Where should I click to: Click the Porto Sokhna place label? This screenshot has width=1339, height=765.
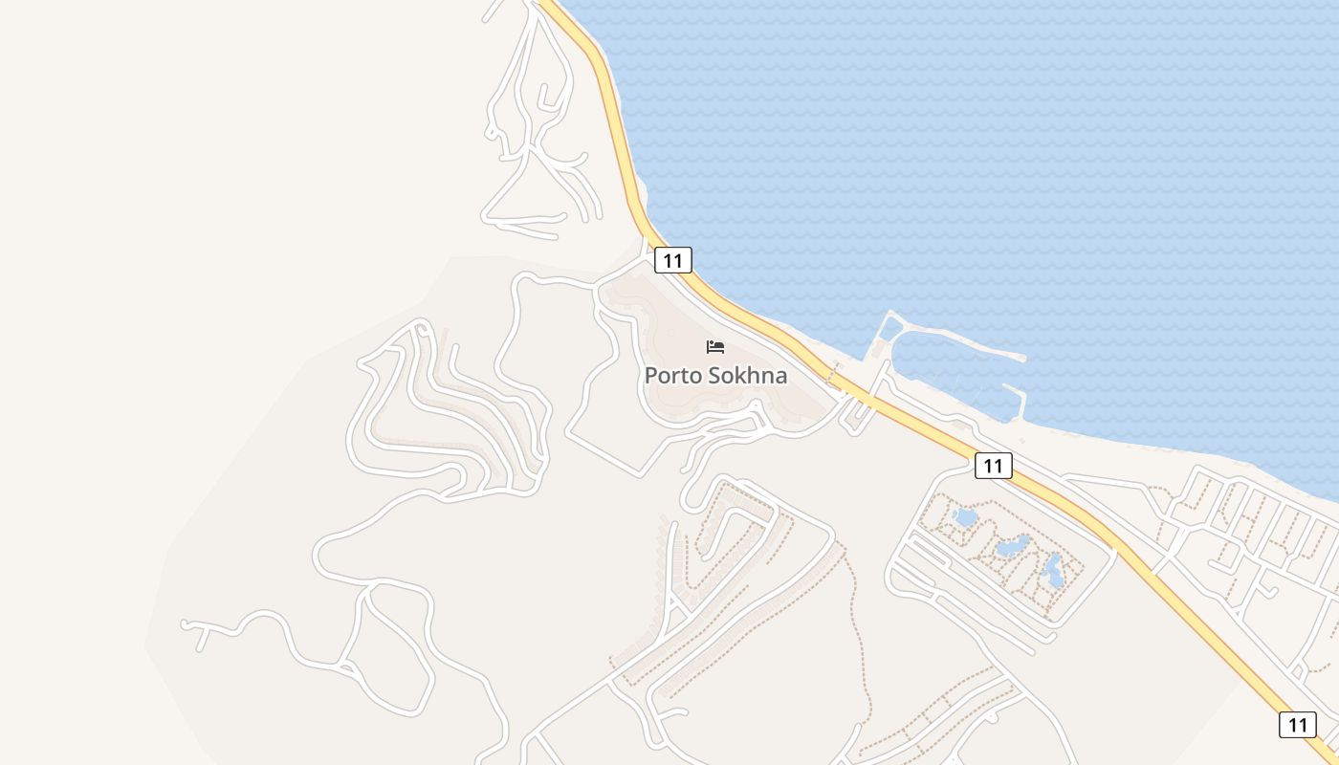coord(715,375)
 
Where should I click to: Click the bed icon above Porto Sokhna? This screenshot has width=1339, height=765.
coord(715,347)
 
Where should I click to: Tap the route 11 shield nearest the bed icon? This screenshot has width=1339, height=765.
coord(673,260)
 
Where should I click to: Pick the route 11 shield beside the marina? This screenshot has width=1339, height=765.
coord(994,466)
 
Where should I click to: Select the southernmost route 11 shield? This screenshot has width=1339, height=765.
coord(1297,724)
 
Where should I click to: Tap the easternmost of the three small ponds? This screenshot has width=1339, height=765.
coord(1053,571)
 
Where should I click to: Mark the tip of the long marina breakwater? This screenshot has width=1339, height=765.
coord(1024,359)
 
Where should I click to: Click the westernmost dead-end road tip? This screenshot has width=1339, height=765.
coord(184,624)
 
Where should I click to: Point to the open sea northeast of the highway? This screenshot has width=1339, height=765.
coord(956,143)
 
